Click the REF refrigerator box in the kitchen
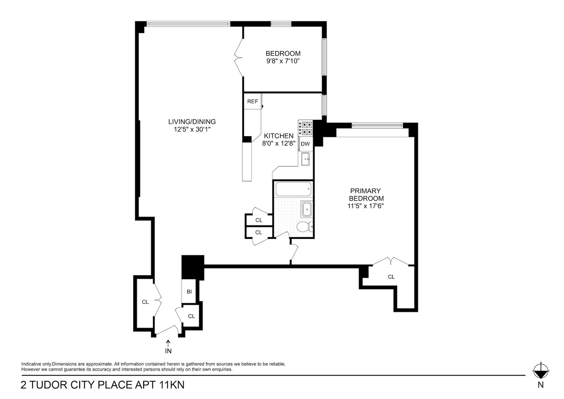pos(252,101)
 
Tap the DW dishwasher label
pos(305,144)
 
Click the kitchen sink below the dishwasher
pos(306,159)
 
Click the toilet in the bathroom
pos(304,227)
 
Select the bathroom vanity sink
pos(307,208)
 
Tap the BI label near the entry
pos(189,292)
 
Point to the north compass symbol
pos(540,371)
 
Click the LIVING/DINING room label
pos(192,122)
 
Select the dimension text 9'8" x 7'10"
pos(283,61)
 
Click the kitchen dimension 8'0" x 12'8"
pos(278,144)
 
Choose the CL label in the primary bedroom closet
pos(391,277)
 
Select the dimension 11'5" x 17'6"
pos(365,206)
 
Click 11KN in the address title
pos(172,385)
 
